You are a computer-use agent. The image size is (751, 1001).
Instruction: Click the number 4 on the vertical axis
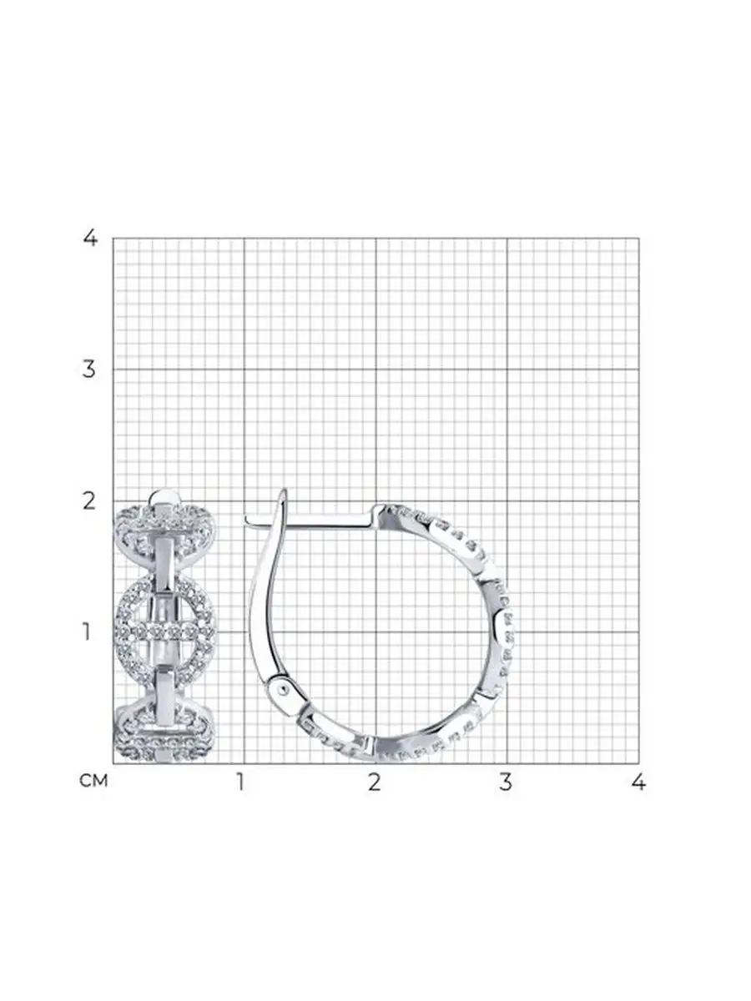pyautogui.click(x=90, y=238)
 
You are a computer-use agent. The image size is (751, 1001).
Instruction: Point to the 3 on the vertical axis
pyautogui.click(x=89, y=369)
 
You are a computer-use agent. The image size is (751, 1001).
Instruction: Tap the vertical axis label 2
pyautogui.click(x=90, y=501)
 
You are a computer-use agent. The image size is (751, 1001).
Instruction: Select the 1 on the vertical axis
pyautogui.click(x=87, y=632)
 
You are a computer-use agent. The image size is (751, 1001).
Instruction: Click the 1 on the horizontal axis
pyautogui.click(x=241, y=783)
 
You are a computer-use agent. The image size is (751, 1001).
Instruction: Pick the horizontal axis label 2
pyautogui.click(x=375, y=783)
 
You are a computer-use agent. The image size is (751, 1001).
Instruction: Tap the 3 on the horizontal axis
pyautogui.click(x=506, y=783)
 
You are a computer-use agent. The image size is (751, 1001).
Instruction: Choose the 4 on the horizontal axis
pyautogui.click(x=639, y=783)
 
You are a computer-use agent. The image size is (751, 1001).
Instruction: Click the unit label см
pyautogui.click(x=94, y=780)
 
